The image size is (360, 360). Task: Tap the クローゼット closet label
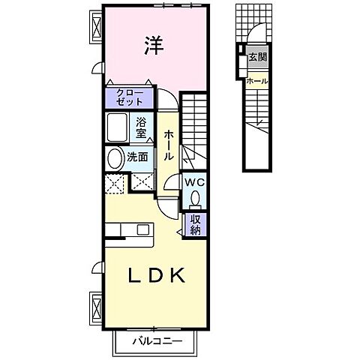[x=131, y=97]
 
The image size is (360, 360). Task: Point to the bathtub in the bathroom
[x=117, y=127]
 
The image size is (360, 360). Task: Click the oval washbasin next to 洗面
[x=115, y=159]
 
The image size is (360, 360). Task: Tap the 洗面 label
[x=137, y=158]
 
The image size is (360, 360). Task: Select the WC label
[x=193, y=182]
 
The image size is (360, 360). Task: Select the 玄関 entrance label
[x=258, y=56]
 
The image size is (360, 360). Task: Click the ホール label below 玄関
[x=256, y=81]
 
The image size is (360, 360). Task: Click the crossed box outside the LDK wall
[x=97, y=306]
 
